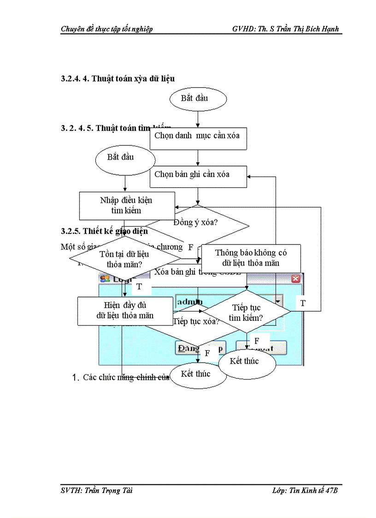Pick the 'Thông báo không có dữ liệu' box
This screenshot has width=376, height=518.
[x=251, y=258]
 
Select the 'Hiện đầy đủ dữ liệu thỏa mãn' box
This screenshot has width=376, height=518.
[x=125, y=310]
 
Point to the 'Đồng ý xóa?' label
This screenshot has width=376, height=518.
[x=196, y=222]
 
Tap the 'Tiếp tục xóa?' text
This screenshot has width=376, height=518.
[x=195, y=322]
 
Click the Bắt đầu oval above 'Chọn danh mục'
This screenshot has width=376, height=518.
[x=198, y=99]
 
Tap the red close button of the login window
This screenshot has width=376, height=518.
[x=295, y=279]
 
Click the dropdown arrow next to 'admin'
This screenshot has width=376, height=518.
[x=278, y=301]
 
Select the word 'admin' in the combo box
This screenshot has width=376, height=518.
[x=189, y=301]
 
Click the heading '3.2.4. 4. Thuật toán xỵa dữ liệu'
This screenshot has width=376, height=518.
[x=117, y=78]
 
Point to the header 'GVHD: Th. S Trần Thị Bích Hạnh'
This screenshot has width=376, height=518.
[x=286, y=29]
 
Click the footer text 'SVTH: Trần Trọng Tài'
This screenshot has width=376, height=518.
[x=96, y=491]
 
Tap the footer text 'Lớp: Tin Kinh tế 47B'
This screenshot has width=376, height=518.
[x=305, y=491]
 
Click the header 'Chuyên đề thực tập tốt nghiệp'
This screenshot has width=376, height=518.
[x=106, y=29]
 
